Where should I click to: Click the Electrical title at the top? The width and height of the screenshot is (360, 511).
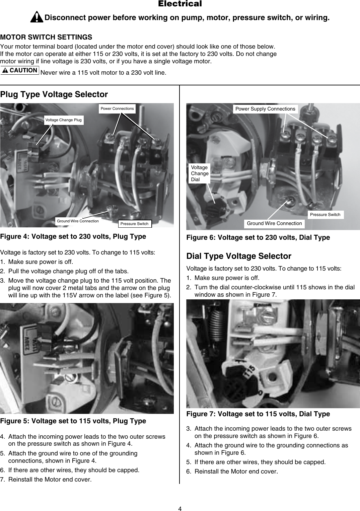click(180, 4)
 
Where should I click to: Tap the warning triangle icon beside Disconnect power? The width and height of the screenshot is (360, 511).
click(37, 17)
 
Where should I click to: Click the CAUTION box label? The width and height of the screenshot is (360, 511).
click(20, 70)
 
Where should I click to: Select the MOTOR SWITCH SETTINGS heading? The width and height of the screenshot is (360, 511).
click(46, 37)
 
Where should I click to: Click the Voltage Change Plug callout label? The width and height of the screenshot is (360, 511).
click(64, 120)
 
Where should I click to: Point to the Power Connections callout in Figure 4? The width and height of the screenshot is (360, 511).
click(117, 108)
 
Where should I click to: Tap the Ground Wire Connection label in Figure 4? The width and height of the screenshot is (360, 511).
click(78, 221)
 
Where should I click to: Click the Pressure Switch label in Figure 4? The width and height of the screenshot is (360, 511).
click(135, 224)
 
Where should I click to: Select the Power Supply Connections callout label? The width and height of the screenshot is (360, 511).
click(265, 109)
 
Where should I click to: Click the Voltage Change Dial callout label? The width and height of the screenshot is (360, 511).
click(200, 173)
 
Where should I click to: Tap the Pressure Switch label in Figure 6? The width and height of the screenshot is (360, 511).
click(325, 215)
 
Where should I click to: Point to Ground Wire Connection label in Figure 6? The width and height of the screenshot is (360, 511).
click(274, 223)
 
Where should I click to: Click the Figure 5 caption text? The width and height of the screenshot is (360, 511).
click(73, 421)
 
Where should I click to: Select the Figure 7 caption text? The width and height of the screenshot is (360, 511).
click(258, 414)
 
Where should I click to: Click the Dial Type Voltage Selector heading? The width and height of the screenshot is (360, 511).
click(239, 256)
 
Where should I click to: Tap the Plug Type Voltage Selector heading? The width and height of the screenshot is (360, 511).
click(54, 94)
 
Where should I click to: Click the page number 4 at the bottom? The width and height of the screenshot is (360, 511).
click(180, 509)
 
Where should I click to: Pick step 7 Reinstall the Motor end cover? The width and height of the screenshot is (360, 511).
click(50, 479)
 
